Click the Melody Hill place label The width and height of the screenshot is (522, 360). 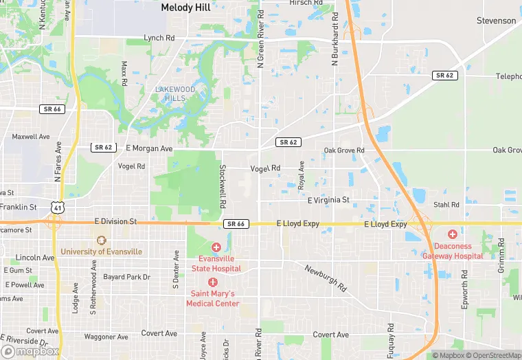pos(185,8)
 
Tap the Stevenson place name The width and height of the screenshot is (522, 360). pos(496,21)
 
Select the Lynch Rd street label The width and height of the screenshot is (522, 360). pos(160,38)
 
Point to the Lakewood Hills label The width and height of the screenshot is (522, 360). pos(175,93)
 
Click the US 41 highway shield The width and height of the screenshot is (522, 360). pos(56,207)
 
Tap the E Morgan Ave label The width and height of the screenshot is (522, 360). pos(149,148)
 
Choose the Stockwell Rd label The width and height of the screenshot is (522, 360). pos(222,187)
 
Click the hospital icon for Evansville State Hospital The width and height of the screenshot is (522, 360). pos(216,247)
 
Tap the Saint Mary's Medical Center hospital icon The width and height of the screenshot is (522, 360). pos(213,282)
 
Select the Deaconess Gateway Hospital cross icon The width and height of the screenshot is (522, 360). pos(453,234)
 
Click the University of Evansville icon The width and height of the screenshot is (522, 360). pos(102,241)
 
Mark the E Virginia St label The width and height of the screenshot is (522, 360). pos(328,201)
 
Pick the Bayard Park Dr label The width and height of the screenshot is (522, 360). pos(126,277)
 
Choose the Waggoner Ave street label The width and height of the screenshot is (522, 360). pos(106,337)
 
